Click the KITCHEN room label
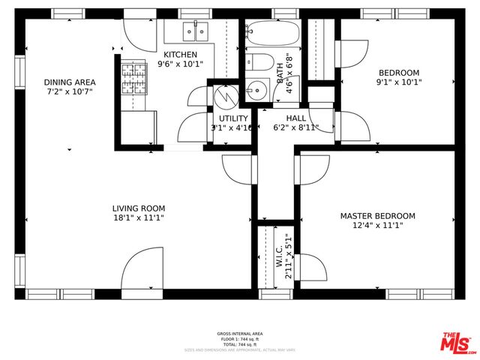tap(181, 55)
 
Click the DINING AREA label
tap(70, 82)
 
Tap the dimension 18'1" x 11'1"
tap(139, 218)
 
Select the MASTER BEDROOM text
tap(377, 216)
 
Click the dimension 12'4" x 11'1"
tap(377, 226)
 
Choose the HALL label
tap(295, 118)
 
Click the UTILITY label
tap(233, 118)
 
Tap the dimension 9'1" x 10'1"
tap(398, 83)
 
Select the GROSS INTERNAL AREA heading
tap(240, 334)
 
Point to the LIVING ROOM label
tap(139, 208)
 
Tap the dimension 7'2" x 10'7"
tap(70, 92)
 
